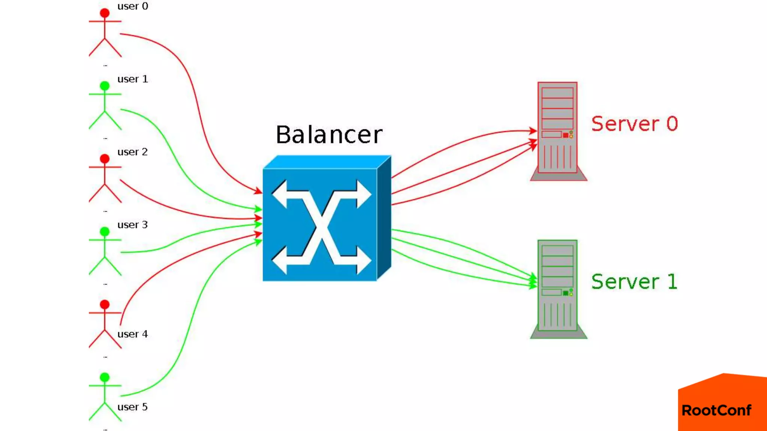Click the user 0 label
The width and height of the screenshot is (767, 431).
point(133,6)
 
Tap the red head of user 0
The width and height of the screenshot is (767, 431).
point(105,13)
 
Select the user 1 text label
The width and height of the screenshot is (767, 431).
point(133,79)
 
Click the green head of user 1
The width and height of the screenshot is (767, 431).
point(105,86)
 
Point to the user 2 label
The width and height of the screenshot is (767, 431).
point(133,152)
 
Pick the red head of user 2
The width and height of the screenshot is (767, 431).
point(105,159)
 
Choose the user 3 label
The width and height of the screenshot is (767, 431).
point(133,225)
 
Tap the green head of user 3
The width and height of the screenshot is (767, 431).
point(105,232)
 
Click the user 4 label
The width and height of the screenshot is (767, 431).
point(133,334)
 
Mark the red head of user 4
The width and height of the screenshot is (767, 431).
point(105,305)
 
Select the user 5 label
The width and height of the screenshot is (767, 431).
point(133,407)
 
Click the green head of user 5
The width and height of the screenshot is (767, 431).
point(105,377)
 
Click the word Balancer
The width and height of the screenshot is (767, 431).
point(329,135)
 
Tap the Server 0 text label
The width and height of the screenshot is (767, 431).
point(634,124)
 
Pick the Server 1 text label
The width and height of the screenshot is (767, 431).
point(634,282)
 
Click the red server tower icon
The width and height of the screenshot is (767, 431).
point(558,131)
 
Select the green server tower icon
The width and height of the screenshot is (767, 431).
point(558,289)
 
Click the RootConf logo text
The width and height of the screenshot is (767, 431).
point(716,410)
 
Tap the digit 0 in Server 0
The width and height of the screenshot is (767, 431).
point(672,124)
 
